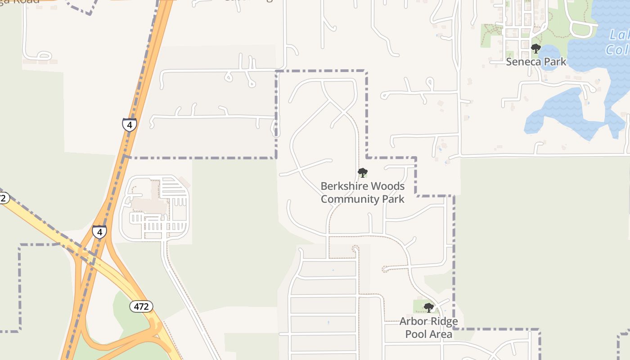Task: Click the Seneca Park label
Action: [536, 62]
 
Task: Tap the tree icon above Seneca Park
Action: [535, 49]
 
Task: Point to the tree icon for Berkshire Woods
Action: [362, 173]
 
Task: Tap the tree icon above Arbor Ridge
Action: [428, 308]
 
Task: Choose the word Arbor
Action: [414, 322]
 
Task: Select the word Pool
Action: [415, 334]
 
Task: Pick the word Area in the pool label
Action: [440, 334]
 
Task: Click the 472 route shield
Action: [142, 307]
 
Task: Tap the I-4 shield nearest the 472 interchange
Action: [99, 232]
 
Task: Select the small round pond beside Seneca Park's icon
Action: [548, 55]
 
